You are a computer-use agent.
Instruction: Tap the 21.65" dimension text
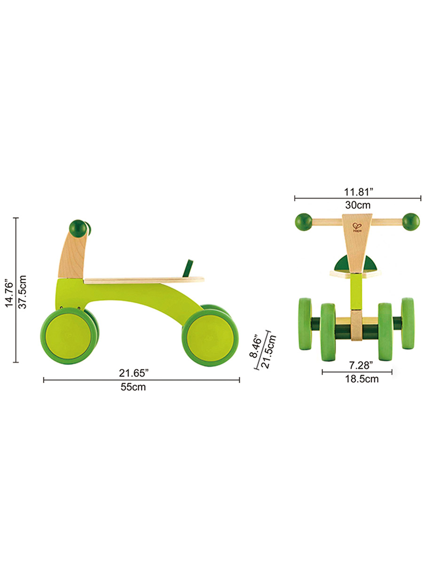click(x=134, y=373)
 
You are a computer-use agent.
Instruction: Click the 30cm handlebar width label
click(x=358, y=205)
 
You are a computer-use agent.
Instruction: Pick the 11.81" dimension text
click(x=358, y=192)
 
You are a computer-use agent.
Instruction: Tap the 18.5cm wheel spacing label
click(x=361, y=379)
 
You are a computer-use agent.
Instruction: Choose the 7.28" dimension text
click(x=361, y=365)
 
